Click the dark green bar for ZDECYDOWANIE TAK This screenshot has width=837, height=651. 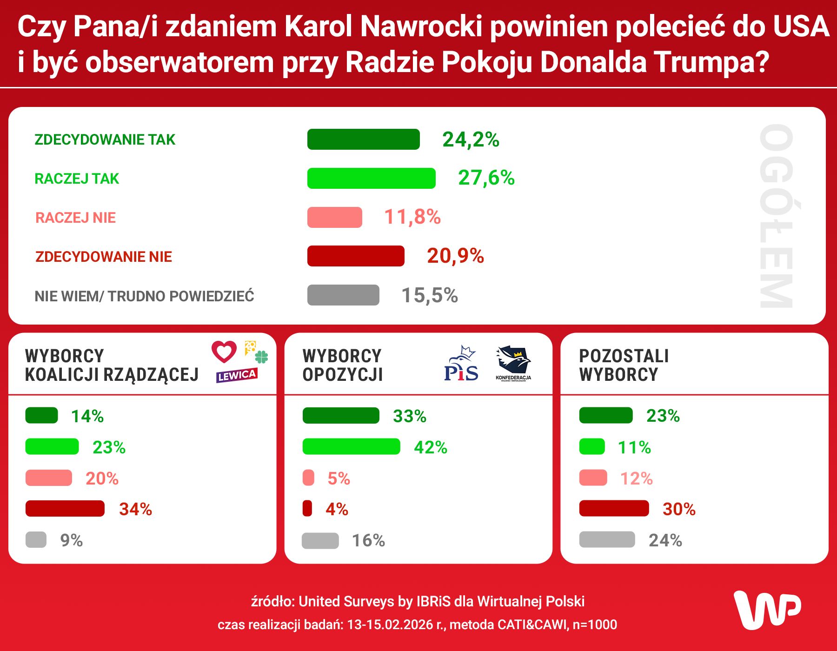coord(363,139)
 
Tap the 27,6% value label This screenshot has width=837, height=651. coord(486,178)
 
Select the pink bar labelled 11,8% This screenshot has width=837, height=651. coord(334,217)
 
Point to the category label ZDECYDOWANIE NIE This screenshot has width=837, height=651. coord(104,257)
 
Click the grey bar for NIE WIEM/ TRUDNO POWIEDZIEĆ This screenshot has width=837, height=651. coord(343,295)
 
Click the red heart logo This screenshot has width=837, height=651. coord(224,352)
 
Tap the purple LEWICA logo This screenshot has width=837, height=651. coord(236,375)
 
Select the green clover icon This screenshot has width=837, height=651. coord(261,357)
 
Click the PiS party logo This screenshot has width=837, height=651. coord(461,365)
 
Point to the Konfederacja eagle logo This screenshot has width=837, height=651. coord(513,363)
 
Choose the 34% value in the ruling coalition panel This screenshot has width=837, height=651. coord(135,509)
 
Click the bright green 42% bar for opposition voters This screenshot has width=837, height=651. coord(351,446)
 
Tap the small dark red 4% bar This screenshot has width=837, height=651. coord(307,508)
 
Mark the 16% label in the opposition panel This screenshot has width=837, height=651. coord(368,541)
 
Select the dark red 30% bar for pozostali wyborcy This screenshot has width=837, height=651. coord(614,508)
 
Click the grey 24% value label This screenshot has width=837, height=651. coord(665,540)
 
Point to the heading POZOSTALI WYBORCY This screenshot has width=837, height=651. coord(624,365)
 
